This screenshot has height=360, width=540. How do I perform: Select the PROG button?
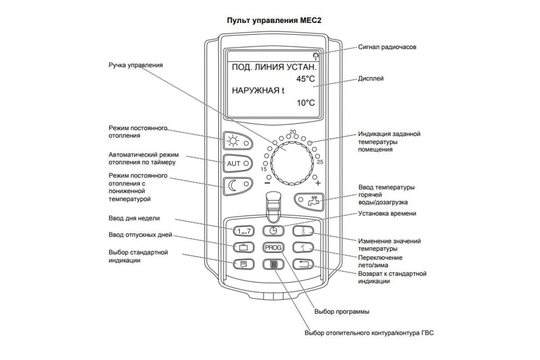(272, 247)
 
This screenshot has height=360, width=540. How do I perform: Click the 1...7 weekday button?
(243, 231)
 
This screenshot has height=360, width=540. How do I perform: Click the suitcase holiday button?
(243, 247)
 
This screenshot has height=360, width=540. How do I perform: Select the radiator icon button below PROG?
(272, 264)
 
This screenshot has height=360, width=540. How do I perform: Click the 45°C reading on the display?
(306, 79)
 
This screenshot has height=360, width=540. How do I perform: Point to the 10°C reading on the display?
(306, 103)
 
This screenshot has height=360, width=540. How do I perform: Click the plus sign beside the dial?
(318, 184)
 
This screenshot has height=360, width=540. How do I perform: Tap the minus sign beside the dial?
(267, 184)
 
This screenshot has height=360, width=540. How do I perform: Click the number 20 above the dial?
(293, 132)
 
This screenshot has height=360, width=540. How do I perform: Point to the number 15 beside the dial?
(264, 169)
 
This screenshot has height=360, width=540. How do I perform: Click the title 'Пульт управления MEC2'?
(270, 21)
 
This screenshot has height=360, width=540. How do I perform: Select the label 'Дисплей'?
(371, 78)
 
